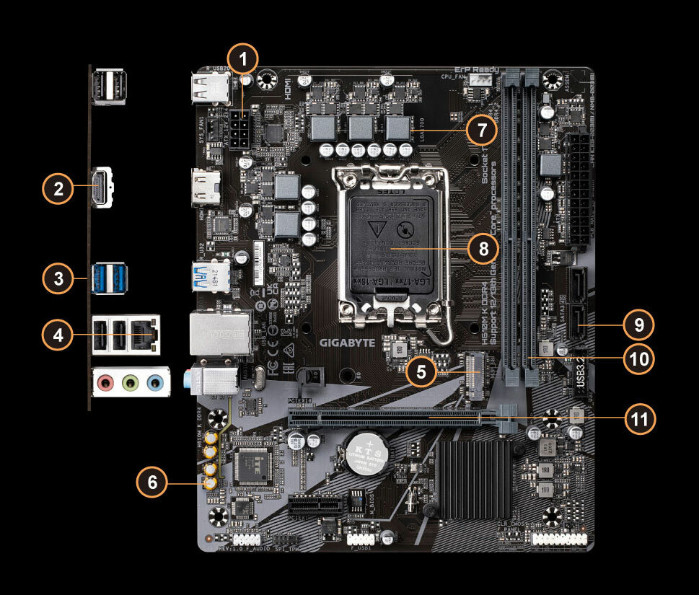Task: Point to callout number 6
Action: click(152, 482)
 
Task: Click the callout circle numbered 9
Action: click(638, 325)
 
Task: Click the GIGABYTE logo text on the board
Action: click(348, 343)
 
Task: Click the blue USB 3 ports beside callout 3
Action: click(108, 279)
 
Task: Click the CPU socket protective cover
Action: click(388, 245)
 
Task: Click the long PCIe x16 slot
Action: click(386, 418)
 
